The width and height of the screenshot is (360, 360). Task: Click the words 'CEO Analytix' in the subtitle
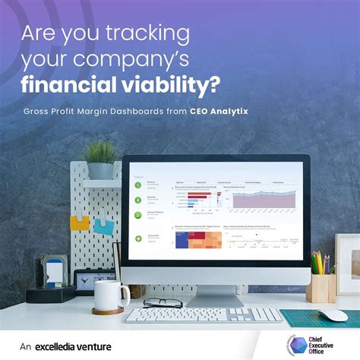click(x=221, y=111)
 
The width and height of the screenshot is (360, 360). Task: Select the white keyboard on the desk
click(x=202, y=314)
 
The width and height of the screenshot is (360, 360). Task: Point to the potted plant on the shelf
click(x=100, y=158)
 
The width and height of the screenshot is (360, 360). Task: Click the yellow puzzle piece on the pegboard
click(x=81, y=222)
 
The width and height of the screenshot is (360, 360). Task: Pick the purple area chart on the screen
click(x=262, y=199)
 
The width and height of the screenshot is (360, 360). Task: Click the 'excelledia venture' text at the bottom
click(x=75, y=346)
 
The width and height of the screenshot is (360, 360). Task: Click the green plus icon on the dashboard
click(x=139, y=238)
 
